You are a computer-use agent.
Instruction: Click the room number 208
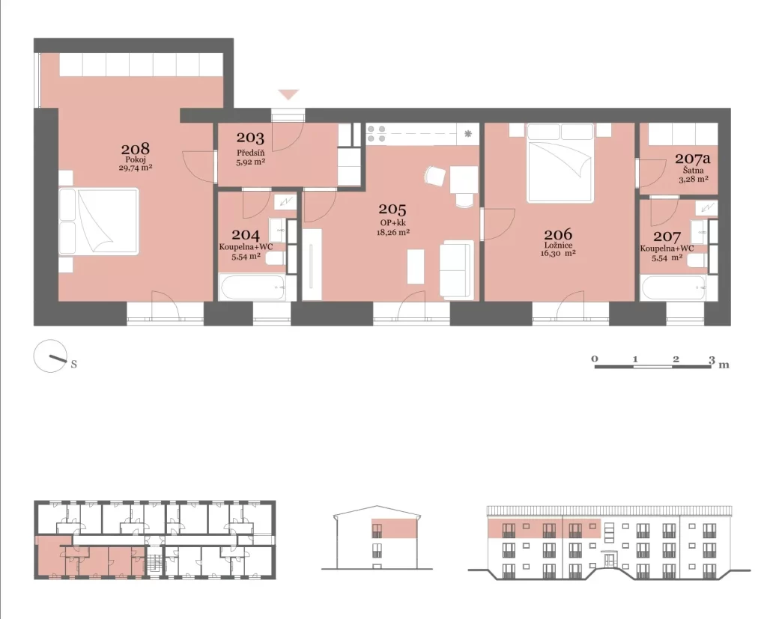135,148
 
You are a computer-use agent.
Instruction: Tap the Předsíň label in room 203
250,153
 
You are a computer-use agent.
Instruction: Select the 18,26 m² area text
392,232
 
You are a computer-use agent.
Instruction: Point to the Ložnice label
558,246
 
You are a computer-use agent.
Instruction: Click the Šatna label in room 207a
694,171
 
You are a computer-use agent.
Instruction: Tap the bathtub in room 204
252,288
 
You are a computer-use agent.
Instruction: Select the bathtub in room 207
673,288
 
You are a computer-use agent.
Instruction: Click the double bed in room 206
560,163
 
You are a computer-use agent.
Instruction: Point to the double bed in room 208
99,222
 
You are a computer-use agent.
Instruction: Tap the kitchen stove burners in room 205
376,134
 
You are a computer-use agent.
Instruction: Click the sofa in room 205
457,269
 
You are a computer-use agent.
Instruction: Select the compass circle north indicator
50,356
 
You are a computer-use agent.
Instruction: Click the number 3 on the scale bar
712,359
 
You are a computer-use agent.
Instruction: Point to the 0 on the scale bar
594,359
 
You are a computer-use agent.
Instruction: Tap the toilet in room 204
276,258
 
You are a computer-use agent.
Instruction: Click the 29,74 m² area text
135,168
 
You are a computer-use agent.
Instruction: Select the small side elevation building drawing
378,538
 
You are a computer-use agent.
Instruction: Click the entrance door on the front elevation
610,561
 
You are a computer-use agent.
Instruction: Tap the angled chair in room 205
435,176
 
